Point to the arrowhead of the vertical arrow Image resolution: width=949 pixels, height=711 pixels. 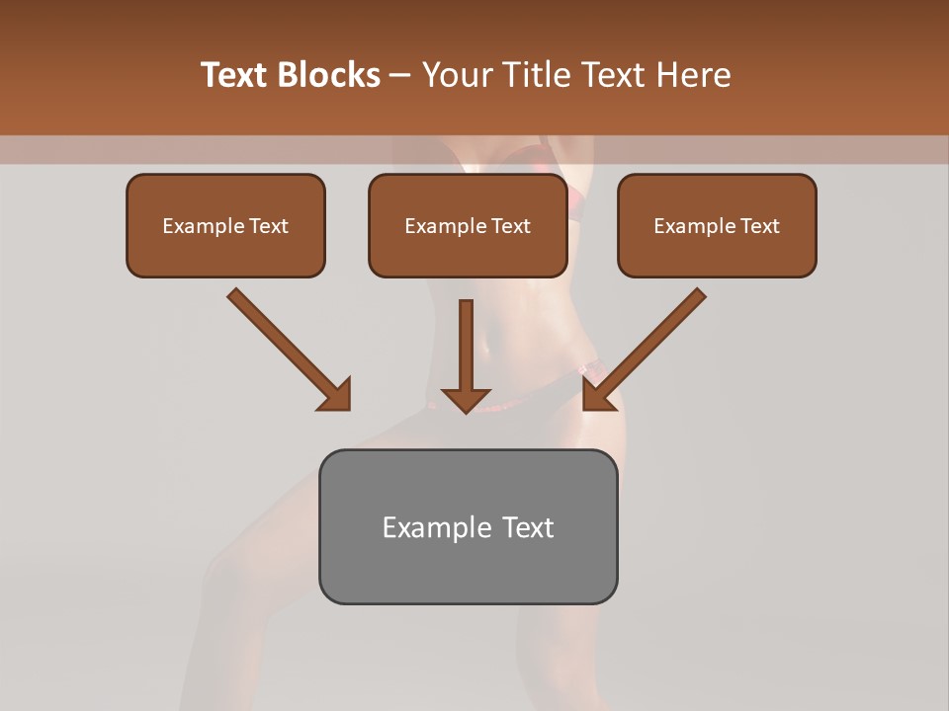(466, 399)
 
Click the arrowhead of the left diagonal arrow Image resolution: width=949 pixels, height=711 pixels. (336, 395)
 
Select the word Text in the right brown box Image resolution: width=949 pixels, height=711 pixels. (759, 226)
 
